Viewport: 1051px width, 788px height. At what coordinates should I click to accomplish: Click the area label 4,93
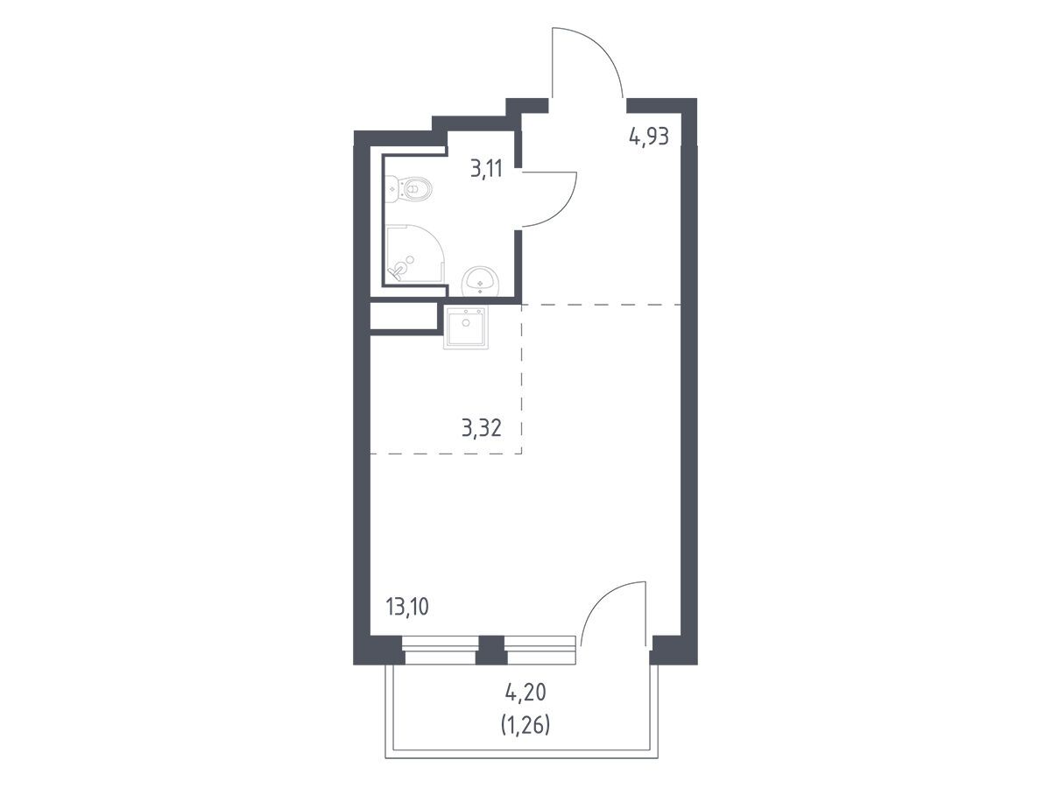click(x=648, y=137)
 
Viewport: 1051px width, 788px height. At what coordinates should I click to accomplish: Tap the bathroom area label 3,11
click(x=486, y=168)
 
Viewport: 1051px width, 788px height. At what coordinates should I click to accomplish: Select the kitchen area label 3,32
click(x=481, y=427)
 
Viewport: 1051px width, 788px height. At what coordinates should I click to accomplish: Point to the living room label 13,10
click(x=407, y=607)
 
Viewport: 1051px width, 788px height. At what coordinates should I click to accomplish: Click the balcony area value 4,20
click(x=525, y=693)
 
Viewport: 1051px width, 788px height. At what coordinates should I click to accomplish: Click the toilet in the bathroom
click(x=408, y=189)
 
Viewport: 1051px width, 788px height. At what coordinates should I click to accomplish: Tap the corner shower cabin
click(x=416, y=254)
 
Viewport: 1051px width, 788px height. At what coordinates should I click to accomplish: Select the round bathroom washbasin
click(x=480, y=282)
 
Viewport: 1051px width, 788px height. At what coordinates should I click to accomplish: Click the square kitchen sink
click(x=466, y=327)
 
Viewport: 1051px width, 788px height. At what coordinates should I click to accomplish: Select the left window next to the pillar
click(x=440, y=651)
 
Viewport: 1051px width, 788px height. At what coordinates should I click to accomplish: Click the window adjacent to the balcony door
click(x=540, y=651)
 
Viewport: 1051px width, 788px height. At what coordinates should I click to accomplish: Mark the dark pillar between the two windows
click(x=491, y=651)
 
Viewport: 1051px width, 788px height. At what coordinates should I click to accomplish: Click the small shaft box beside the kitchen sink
click(x=404, y=316)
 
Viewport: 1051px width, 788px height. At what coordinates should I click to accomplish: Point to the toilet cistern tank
click(x=391, y=189)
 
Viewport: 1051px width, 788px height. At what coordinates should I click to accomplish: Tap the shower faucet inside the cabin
click(x=397, y=273)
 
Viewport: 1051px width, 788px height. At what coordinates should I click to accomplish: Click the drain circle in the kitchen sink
click(x=466, y=322)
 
